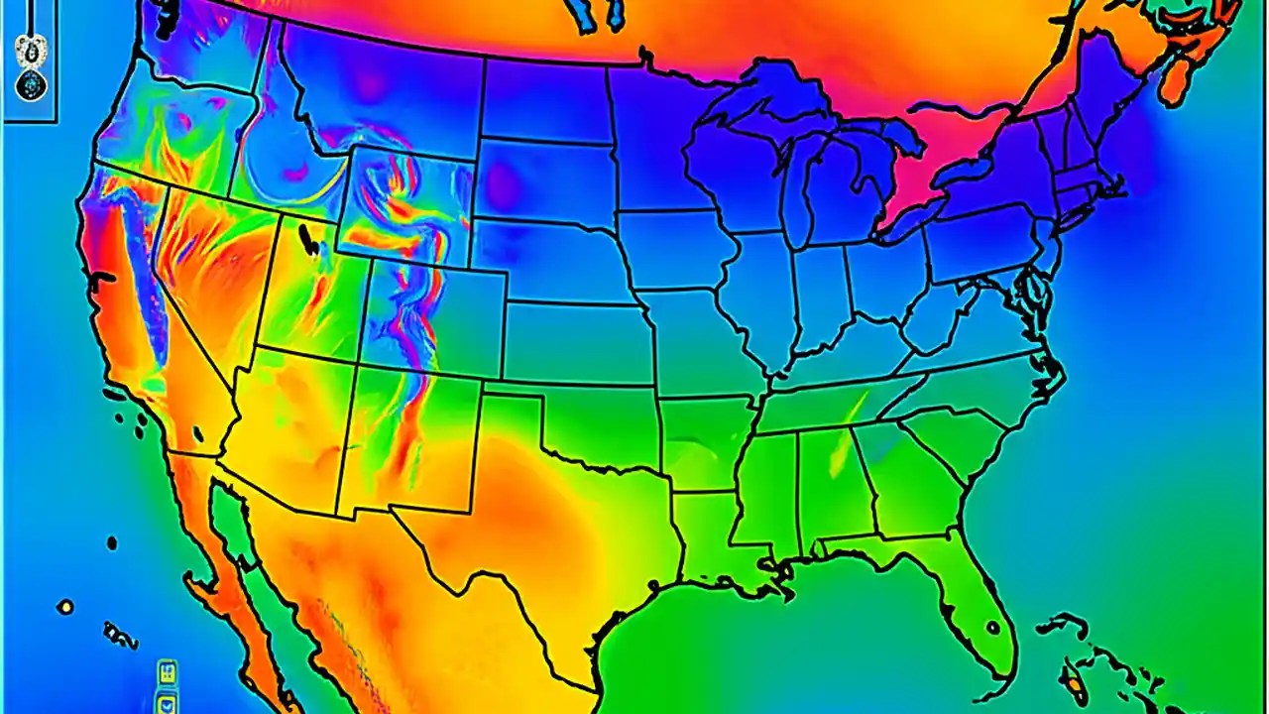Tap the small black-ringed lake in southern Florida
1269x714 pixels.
[991, 627]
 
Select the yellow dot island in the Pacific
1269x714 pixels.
[65, 607]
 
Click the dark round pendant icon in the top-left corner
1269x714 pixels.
[31, 84]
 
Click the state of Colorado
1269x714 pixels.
[436, 317]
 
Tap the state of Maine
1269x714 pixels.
[1100, 89]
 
